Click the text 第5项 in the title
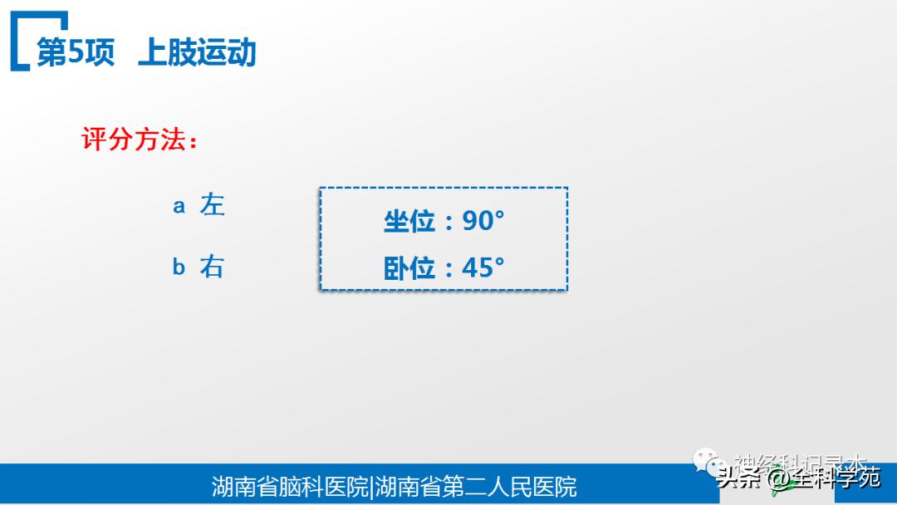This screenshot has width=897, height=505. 75,51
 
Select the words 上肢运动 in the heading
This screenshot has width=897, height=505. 197,51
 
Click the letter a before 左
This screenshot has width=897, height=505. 179,206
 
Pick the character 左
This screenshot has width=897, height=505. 212,204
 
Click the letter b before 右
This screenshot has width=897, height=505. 179,267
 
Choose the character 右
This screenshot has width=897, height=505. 212,267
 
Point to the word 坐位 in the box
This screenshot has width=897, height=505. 409,221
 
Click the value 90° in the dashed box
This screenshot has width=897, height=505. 483,220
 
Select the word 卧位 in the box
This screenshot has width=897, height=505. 409,267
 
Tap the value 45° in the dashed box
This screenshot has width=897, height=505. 483,267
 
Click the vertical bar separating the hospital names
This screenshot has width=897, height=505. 371,487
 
